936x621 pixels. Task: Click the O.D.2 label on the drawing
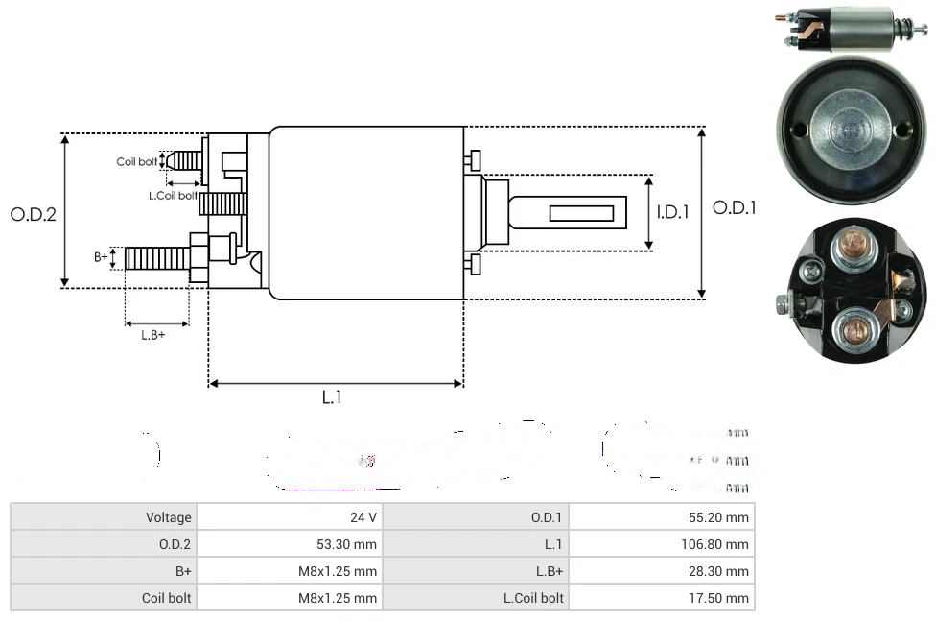[34, 214]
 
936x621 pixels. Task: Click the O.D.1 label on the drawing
[735, 207]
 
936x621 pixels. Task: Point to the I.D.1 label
[673, 212]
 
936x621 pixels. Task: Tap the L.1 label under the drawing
[332, 397]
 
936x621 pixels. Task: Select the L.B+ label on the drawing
[153, 335]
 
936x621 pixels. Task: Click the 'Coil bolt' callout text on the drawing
[136, 161]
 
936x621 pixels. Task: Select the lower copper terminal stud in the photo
[850, 330]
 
